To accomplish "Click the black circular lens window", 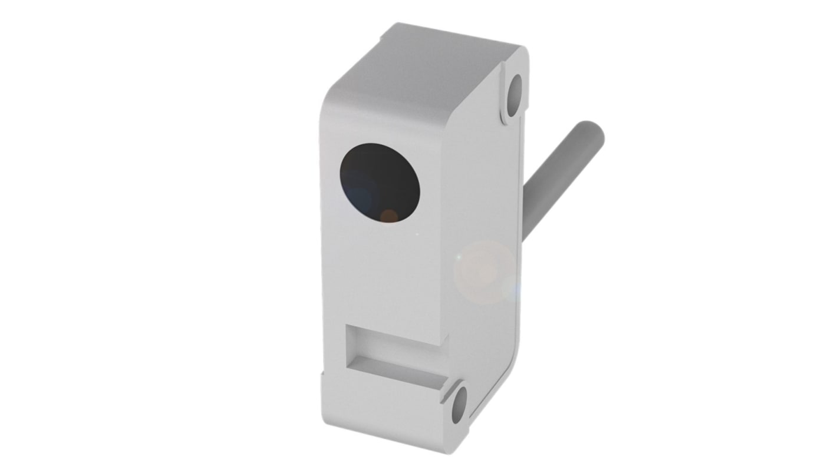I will coord(381,183).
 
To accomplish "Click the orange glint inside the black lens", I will coord(389,216).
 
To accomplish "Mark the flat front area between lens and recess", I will coord(383,277).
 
